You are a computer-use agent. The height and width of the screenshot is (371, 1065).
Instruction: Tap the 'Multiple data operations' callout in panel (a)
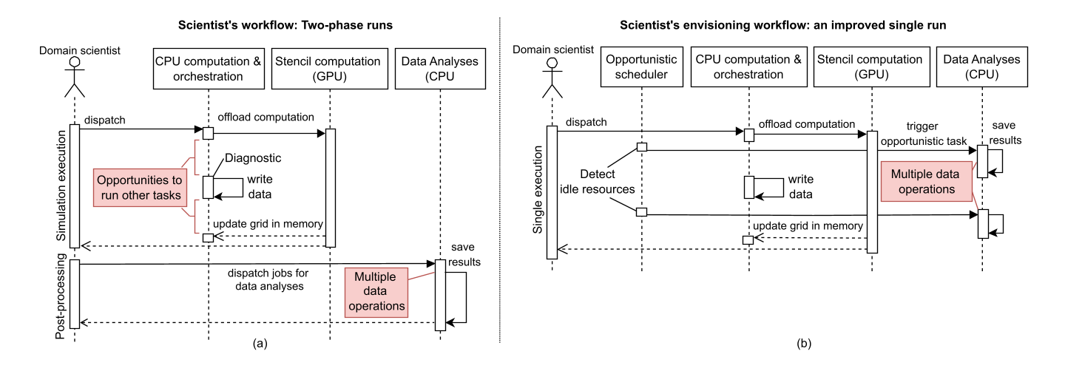(x=377, y=291)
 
